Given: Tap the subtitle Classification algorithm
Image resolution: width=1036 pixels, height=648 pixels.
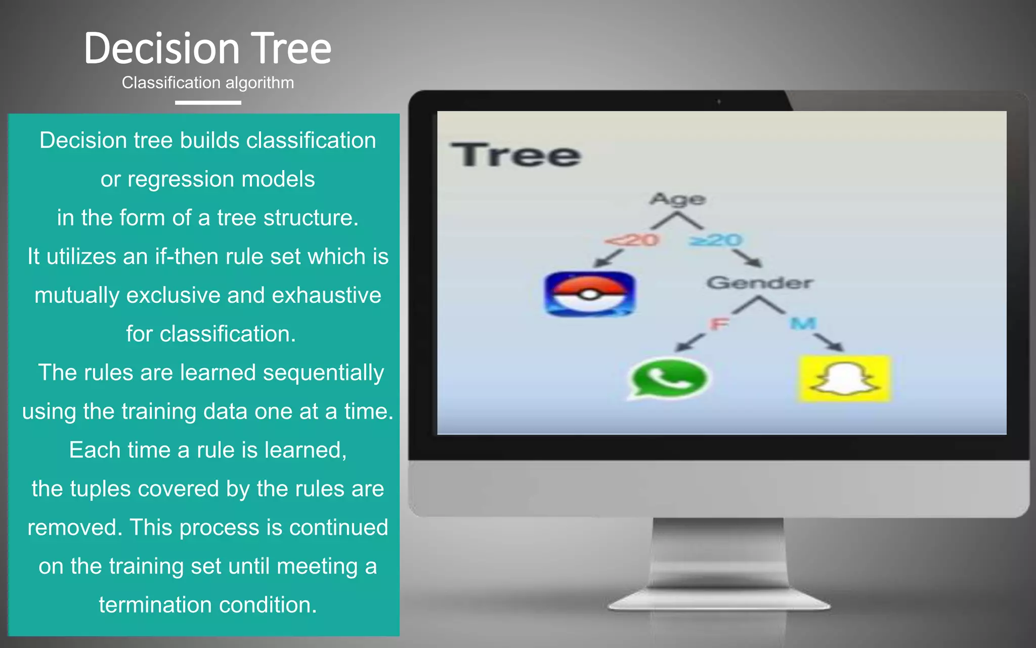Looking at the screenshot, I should [207, 83].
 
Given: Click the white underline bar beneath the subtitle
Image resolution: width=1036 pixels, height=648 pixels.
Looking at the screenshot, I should [208, 103].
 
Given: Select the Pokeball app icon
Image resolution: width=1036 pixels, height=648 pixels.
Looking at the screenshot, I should [589, 294].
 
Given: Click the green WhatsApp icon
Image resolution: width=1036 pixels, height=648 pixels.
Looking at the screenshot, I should [668, 379].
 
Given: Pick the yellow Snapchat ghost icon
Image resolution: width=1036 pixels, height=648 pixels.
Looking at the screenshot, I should [844, 379].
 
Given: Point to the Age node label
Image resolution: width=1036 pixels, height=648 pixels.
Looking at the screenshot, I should [677, 199].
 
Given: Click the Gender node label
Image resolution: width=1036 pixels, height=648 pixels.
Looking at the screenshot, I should [759, 282].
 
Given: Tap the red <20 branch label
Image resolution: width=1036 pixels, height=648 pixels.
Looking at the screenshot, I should [632, 239].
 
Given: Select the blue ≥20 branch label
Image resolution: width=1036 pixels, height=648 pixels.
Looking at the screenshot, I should [716, 239].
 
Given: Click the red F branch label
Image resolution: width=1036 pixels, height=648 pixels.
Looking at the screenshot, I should [719, 323].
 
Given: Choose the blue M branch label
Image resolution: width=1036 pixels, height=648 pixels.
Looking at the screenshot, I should [803, 323].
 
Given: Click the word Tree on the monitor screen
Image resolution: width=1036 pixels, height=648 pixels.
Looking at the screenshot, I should [516, 155].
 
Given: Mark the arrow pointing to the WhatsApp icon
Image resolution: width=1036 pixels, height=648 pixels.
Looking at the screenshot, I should [691, 343].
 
